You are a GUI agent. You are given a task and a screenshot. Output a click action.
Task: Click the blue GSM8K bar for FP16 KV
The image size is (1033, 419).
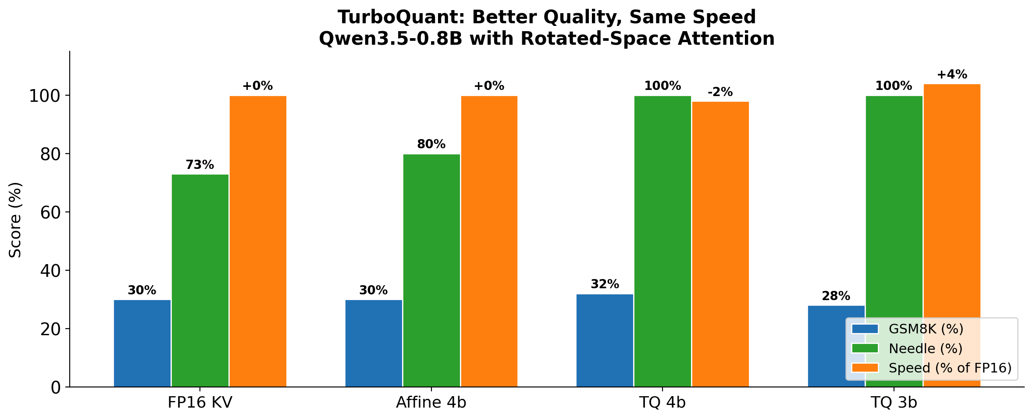pyautogui.click(x=142, y=343)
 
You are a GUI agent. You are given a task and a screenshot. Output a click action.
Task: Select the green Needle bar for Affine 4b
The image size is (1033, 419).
pyautogui.click(x=431, y=270)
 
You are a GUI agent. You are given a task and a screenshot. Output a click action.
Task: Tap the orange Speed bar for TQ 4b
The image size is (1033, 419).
pyautogui.click(x=720, y=244)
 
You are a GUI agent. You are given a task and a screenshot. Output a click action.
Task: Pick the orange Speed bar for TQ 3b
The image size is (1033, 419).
pyautogui.click(x=952, y=197)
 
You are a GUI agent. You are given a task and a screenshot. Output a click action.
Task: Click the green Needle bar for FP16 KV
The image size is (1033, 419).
pyautogui.click(x=200, y=280)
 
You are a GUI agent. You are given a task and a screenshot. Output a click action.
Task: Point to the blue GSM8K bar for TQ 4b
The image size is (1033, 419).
pyautogui.click(x=605, y=340)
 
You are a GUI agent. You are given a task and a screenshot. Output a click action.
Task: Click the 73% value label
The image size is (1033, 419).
pyautogui.click(x=200, y=165)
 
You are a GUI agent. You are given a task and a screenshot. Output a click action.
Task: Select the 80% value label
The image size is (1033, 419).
pyautogui.click(x=431, y=144)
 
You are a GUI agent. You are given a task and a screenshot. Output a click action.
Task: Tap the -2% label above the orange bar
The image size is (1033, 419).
pyautogui.click(x=720, y=92)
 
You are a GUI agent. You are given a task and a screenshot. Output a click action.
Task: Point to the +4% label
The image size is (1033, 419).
pyautogui.click(x=952, y=75)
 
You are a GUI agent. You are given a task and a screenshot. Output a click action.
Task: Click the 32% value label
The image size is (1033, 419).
pyautogui.click(x=605, y=284)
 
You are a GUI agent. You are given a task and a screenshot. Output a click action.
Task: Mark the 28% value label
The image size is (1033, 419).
pyautogui.click(x=836, y=296)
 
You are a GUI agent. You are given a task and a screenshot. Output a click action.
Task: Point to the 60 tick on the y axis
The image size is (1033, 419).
pyautogui.click(x=51, y=212)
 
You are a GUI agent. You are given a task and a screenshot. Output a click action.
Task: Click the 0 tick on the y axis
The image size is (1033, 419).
pyautogui.click(x=56, y=387)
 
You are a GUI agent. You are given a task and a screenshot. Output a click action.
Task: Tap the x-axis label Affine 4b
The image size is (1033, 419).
pyautogui.click(x=431, y=403)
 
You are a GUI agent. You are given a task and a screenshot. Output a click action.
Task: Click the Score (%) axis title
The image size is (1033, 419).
pyautogui.click(x=16, y=219)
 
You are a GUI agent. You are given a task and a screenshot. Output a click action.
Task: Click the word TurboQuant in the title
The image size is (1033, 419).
pyautogui.click(x=395, y=18)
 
